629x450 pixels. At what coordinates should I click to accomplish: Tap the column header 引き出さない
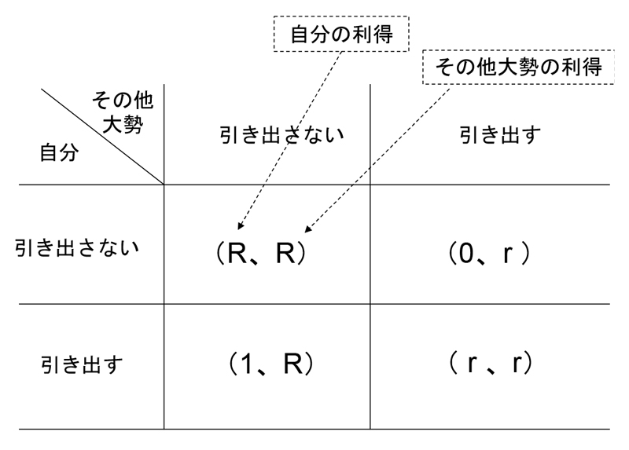(281, 135)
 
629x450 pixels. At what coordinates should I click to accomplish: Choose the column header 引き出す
(489, 135)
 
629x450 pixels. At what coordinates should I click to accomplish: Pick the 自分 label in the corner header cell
(59, 152)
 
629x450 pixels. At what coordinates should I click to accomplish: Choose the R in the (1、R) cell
(292, 364)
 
